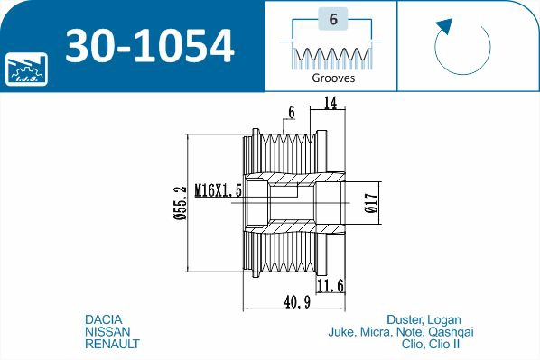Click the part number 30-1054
pos(150,45)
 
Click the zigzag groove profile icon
pos(331,55)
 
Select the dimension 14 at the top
pos(330,105)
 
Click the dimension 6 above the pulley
pos(291,113)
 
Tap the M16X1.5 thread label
pos(219,190)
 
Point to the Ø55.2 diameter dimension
pos(180,203)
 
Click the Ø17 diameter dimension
pos(371,203)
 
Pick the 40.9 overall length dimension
pos(291,303)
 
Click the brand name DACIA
pos(103,319)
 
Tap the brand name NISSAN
pos(106,332)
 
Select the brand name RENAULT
pos(112,345)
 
